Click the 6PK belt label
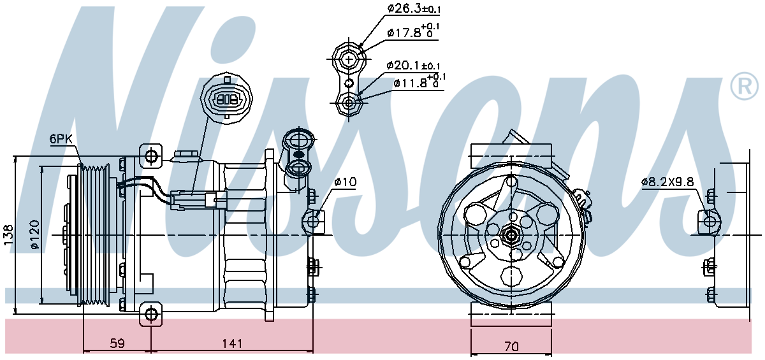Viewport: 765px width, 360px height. (61, 139)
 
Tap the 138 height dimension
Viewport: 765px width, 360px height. (8, 234)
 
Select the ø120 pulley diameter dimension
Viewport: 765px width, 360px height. (34, 234)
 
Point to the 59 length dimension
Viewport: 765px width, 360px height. (117, 343)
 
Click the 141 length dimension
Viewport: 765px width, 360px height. (232, 343)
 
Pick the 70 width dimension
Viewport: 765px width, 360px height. (511, 347)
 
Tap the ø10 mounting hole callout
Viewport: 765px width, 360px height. (345, 182)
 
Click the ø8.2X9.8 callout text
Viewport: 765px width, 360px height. (667, 182)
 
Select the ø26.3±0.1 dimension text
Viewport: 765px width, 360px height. (414, 9)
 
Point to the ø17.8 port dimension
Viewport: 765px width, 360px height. (413, 31)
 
